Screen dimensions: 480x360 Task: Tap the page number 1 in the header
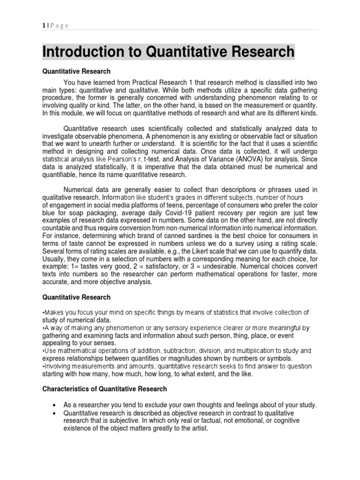click(x=44, y=26)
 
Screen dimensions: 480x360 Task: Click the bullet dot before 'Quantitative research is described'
click(x=56, y=413)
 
